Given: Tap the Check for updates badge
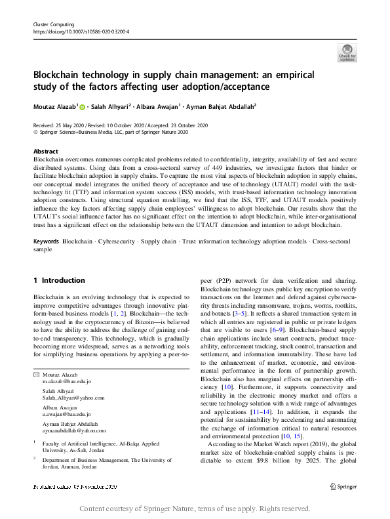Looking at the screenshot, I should tap(347, 52).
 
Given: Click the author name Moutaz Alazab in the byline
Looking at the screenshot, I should tap(56, 106).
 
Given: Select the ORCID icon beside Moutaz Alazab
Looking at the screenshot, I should tap(83, 106).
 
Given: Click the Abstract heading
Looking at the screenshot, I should tap(45, 151).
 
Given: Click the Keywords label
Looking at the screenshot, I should tap(47, 224).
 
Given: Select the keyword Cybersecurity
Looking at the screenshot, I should tap(119, 224).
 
